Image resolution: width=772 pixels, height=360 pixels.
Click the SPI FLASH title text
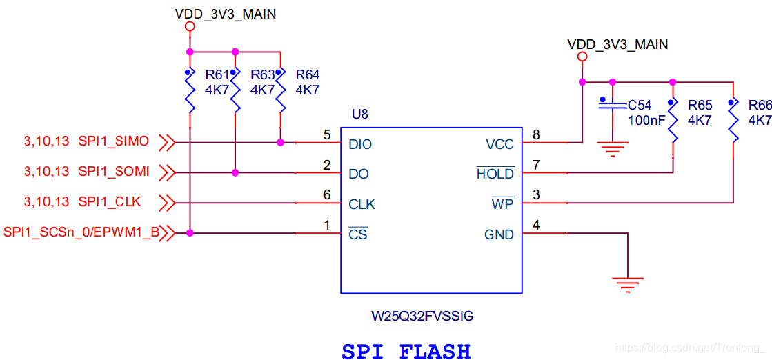406,351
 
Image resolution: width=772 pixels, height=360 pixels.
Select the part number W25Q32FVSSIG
423,317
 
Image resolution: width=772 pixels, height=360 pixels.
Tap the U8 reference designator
359,114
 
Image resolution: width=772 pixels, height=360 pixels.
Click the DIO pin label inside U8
360,144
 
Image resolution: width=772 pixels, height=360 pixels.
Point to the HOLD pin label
495,174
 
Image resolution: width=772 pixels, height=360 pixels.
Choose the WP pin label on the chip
503,204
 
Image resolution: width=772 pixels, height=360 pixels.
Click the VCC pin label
499,144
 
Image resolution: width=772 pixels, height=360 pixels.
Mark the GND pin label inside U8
499,235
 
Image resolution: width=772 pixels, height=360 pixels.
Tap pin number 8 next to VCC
536,134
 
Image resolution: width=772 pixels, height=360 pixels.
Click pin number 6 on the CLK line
327,194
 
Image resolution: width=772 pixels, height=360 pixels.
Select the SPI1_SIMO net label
113,141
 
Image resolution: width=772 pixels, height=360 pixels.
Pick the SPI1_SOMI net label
114,171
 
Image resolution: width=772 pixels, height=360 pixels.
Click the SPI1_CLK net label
110,201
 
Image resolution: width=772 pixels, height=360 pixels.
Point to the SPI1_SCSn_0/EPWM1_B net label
81,232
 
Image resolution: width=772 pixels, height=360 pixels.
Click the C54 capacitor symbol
613,106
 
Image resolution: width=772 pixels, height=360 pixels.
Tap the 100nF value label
646,120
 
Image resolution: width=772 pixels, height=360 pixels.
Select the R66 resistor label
760,105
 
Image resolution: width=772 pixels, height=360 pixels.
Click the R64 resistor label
307,75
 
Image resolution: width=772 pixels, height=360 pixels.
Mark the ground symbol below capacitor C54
613,148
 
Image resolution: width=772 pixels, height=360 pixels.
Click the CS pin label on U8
358,234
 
